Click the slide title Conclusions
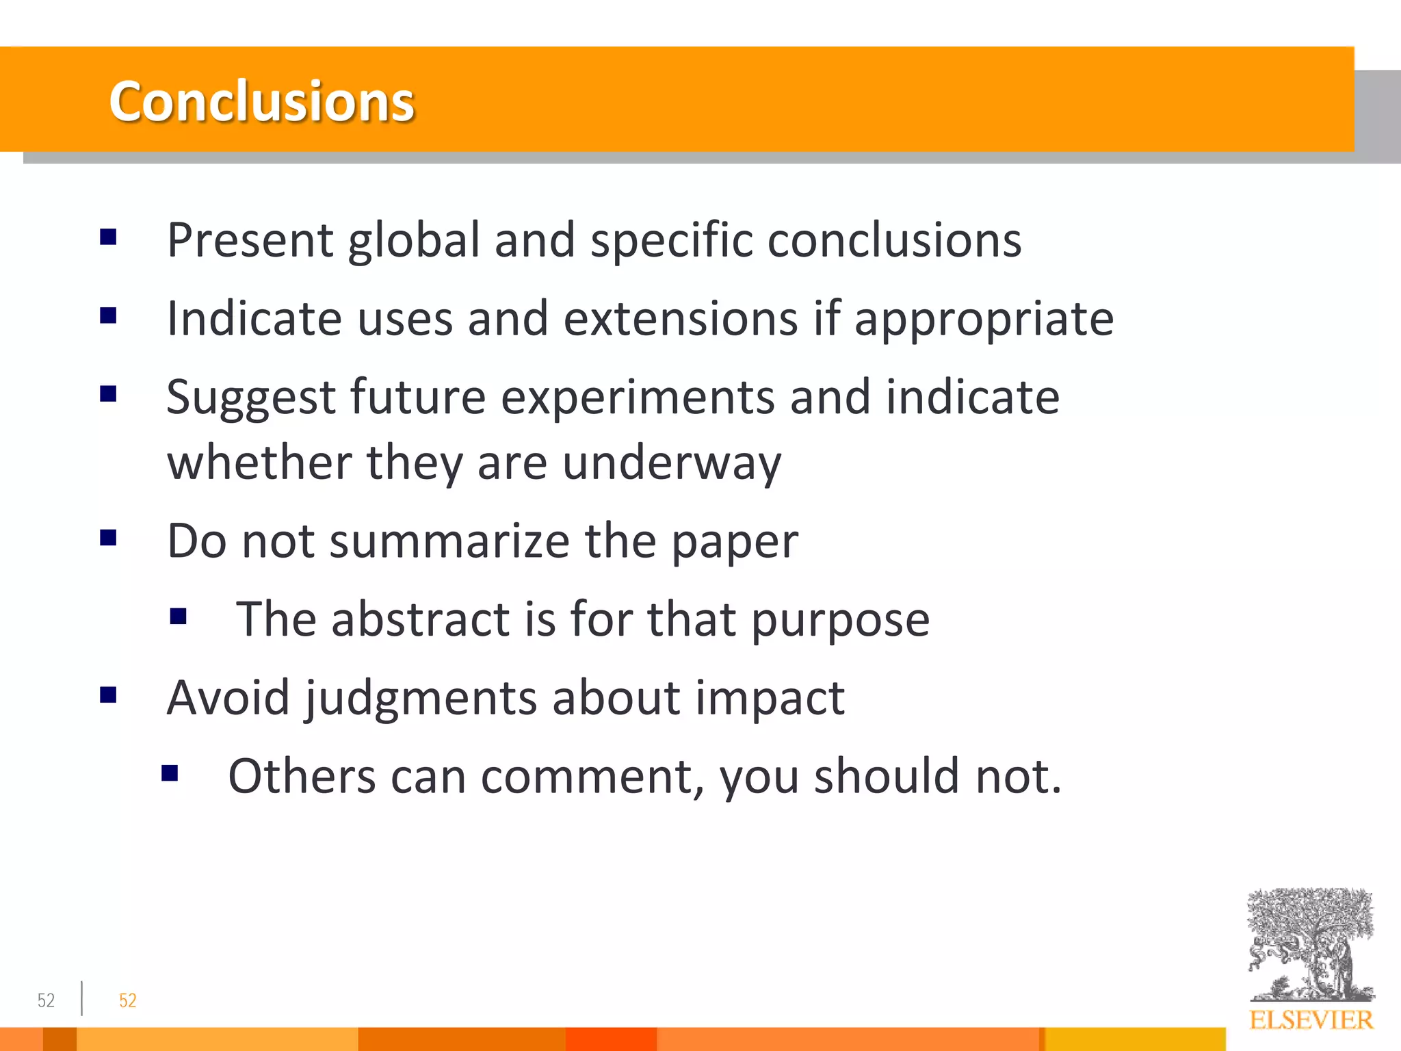click(261, 101)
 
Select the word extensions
click(681, 319)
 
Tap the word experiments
click(638, 398)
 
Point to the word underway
click(671, 463)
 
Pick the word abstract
click(421, 619)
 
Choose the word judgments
click(421, 699)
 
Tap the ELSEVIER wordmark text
click(1311, 1020)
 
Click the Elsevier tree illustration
click(1309, 944)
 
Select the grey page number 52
click(46, 1000)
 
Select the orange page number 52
click(128, 1000)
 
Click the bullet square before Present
click(108, 237)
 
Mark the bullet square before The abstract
click(178, 617)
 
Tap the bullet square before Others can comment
click(170, 774)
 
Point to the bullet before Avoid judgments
click(108, 695)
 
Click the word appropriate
click(984, 320)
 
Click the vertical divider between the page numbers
click(82, 998)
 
